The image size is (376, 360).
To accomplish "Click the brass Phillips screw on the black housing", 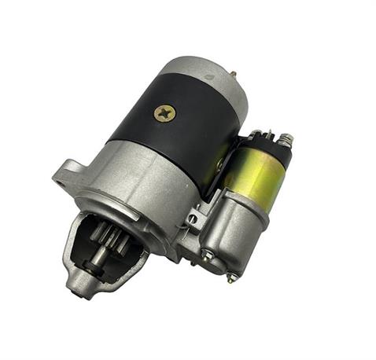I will pos(164,112).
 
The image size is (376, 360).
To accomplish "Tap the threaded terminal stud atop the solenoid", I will pos(287,142).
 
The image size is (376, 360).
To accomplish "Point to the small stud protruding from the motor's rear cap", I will pos(234,75).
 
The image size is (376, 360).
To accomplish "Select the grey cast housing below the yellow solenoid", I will pos(236,228).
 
